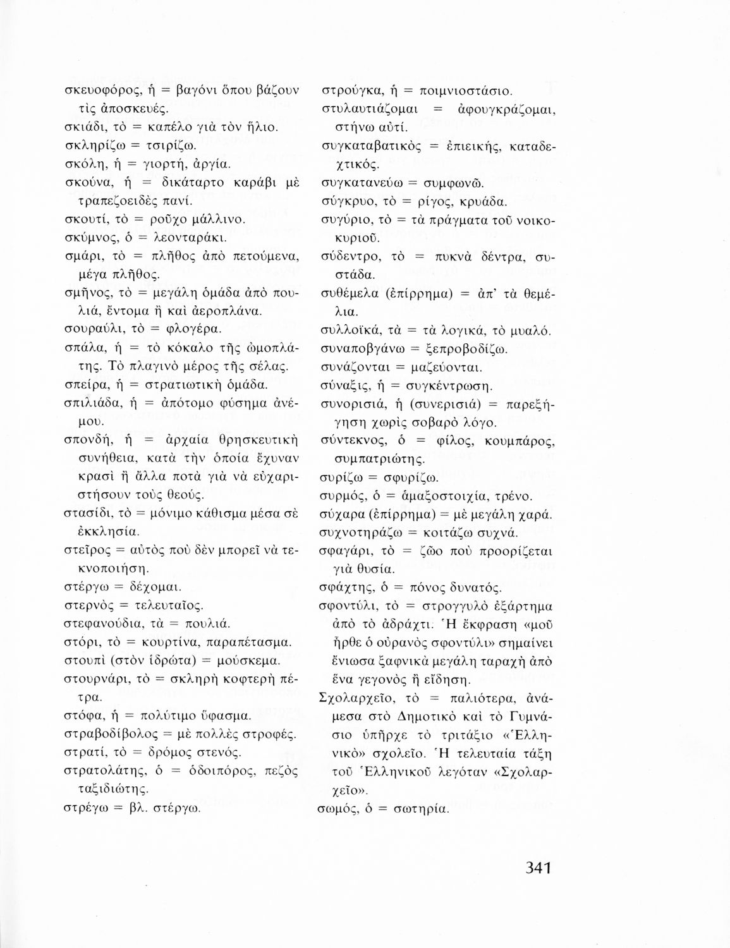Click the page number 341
pos(538,866)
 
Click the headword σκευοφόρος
pos(102,90)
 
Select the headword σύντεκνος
pos(351,441)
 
